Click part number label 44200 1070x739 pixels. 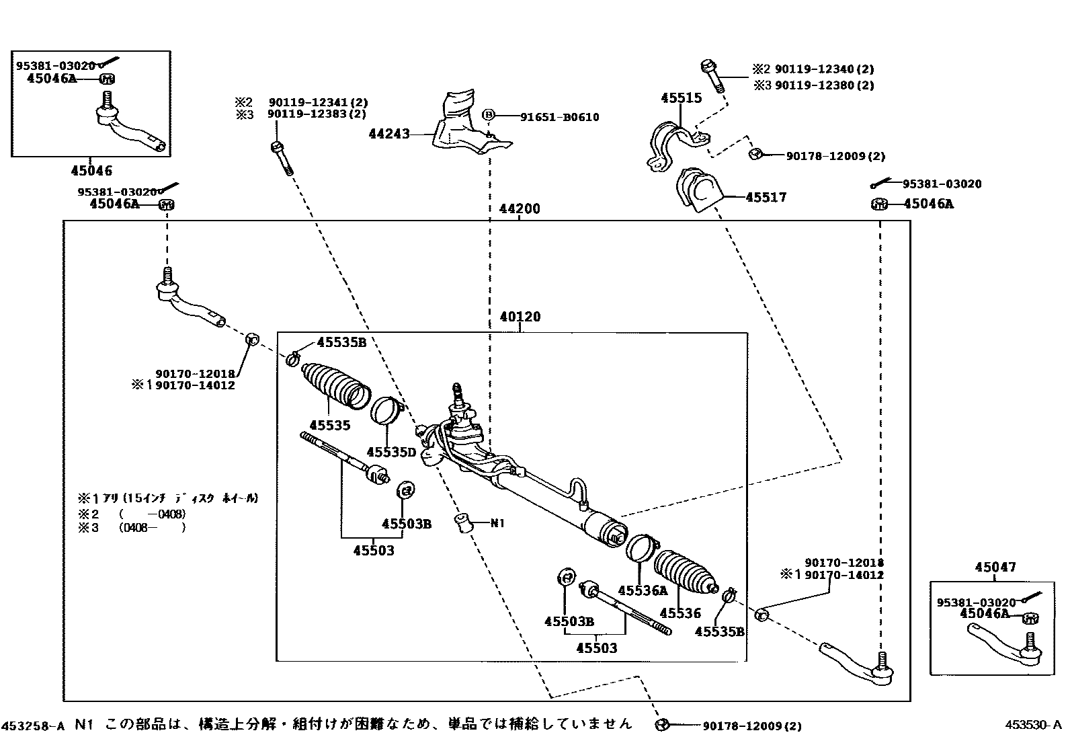tap(520, 209)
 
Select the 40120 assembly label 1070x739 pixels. tap(520, 317)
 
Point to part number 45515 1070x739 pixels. tap(681, 98)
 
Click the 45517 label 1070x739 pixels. tap(766, 198)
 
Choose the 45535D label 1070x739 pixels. tap(391, 452)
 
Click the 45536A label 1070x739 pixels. tap(643, 590)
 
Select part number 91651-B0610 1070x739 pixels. tap(559, 117)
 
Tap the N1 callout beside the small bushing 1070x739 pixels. tap(497, 523)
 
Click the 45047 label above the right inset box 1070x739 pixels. tap(995, 568)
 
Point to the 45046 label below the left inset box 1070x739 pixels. tap(92, 171)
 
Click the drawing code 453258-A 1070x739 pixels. tap(34, 726)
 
